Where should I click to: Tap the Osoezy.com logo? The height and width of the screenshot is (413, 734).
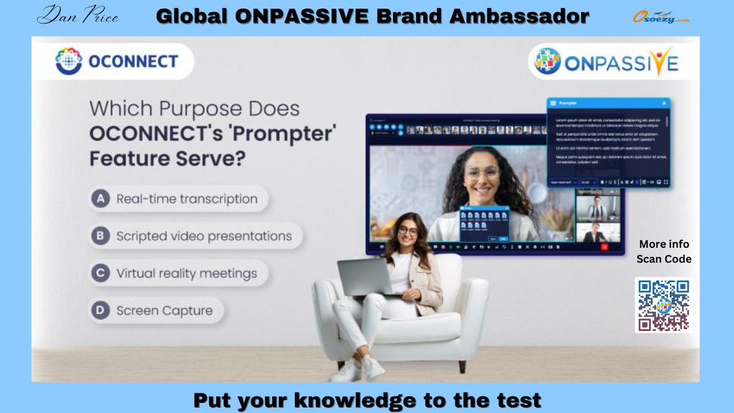661,17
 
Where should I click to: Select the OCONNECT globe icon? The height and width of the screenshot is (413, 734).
69,61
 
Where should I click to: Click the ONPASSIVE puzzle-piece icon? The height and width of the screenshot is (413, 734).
547,62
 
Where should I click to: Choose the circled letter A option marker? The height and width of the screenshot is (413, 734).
100,199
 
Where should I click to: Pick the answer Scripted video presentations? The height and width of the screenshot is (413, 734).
204,236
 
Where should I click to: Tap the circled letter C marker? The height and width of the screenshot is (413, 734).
100,273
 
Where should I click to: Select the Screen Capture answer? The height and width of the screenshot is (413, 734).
165,311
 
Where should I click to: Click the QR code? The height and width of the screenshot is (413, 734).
664,305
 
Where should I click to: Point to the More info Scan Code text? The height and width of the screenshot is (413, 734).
664,251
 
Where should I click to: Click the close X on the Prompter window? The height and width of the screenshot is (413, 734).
664,103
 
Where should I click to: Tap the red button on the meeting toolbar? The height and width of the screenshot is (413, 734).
604,247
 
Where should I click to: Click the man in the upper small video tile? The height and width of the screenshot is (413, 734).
596,209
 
